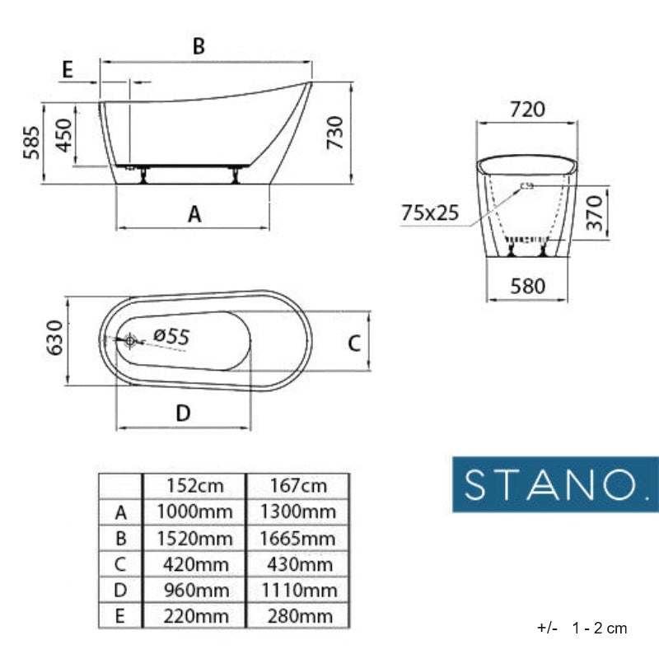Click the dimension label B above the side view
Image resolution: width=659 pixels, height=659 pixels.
coord(199,46)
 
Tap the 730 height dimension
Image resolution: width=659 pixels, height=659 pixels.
coord(335,133)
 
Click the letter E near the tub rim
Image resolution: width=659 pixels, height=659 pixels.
coord(68,70)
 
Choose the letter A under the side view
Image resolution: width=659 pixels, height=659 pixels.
coord(194,214)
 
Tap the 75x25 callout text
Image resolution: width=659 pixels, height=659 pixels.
coord(429,213)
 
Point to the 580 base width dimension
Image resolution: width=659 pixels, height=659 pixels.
coord(527,286)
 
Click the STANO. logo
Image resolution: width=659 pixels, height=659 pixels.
coord(555,484)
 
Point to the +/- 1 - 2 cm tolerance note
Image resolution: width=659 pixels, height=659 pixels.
coord(582,628)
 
